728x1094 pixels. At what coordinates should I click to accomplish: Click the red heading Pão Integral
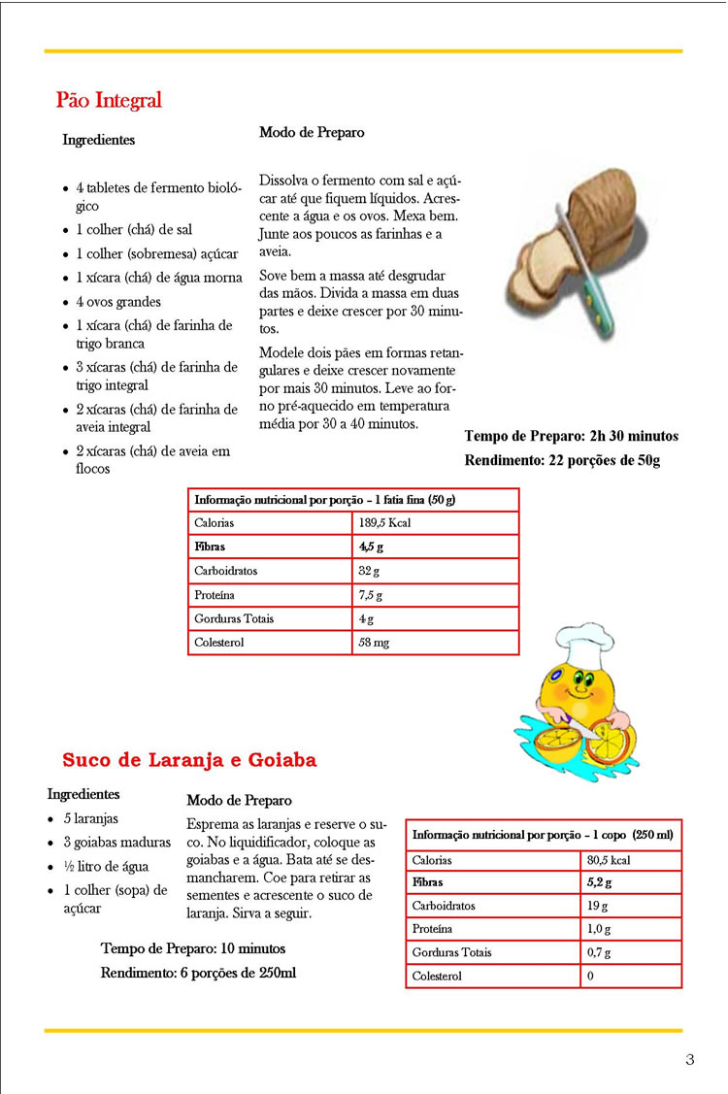point(109,100)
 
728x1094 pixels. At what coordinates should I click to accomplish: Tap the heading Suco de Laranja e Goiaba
point(189,760)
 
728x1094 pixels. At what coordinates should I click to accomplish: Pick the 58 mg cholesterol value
point(375,642)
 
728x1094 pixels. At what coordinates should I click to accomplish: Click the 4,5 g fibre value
point(370,547)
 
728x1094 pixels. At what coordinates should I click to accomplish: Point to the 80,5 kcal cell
point(609,860)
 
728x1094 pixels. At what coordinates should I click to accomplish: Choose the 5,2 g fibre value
point(599,883)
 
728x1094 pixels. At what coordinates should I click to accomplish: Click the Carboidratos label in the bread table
point(225,571)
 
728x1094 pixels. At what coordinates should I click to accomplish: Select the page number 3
point(690,1059)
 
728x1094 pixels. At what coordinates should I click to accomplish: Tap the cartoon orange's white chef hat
point(582,644)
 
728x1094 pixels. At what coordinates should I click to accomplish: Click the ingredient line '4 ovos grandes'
point(117,302)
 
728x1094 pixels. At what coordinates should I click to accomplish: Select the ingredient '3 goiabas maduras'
point(116,842)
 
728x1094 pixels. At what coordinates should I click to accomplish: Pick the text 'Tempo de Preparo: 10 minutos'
point(193,948)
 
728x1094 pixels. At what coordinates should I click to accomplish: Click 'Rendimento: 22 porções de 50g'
point(562,460)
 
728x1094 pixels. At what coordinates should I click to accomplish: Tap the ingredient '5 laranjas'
point(91,818)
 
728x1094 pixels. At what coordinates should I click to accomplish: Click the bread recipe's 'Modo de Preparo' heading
point(312,133)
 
